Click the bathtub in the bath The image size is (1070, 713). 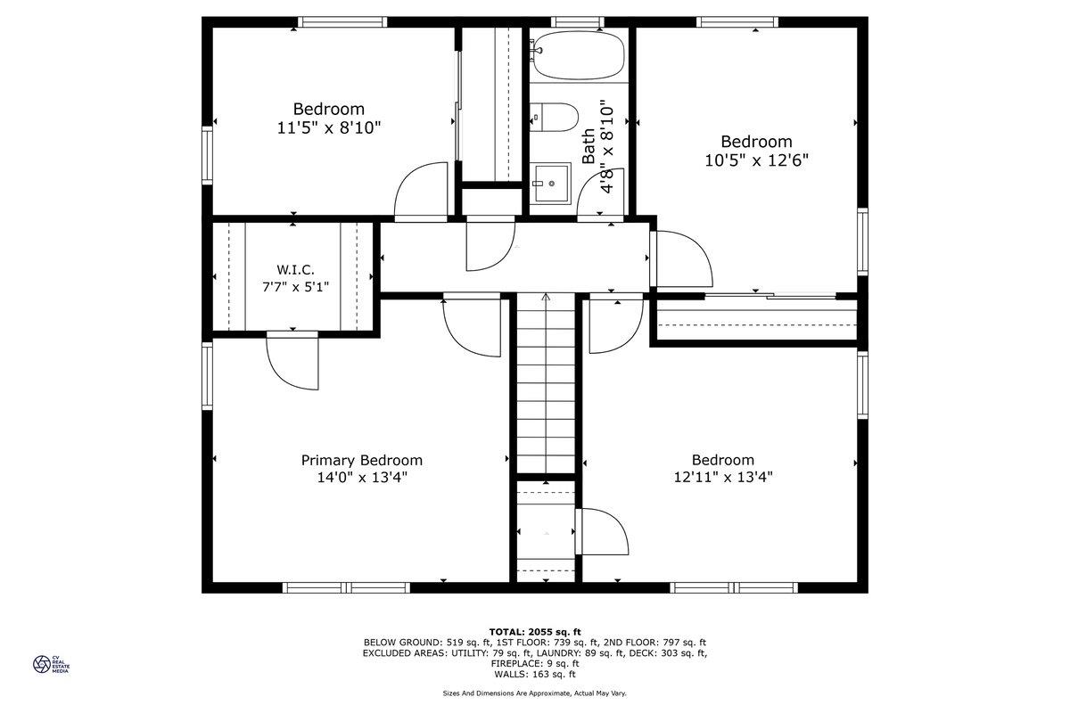tap(578, 55)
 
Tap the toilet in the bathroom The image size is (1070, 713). tap(554, 117)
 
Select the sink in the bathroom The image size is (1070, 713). tap(552, 184)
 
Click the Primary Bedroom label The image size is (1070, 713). tap(362, 461)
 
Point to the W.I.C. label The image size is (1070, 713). tap(295, 270)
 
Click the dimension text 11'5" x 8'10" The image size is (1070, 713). tap(329, 128)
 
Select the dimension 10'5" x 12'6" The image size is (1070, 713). tap(756, 160)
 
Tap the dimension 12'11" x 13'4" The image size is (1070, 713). tap(723, 477)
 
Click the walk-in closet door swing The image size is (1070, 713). tap(292, 360)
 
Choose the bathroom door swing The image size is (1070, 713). tap(600, 195)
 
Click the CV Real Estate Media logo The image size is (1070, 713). tap(51, 664)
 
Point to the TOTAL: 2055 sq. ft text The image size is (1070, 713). tap(535, 632)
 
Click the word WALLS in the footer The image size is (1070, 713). tap(510, 675)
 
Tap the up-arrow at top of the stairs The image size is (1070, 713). tap(546, 297)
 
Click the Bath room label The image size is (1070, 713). tap(588, 147)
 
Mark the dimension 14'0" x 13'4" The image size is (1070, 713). tap(362, 477)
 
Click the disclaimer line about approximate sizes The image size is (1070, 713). tap(534, 693)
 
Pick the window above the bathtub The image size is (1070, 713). tap(578, 22)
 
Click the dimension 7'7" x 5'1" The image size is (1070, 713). tap(296, 287)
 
